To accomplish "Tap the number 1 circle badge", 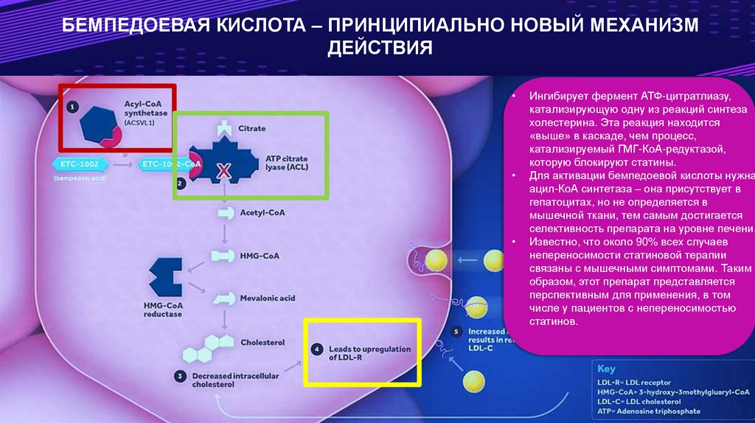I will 72,107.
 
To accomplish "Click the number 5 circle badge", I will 456,332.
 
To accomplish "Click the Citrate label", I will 251,128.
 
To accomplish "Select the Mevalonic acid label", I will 267,298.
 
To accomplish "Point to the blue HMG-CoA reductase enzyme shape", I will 165,277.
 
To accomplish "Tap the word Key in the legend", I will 605,368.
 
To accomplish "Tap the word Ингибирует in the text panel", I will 562,97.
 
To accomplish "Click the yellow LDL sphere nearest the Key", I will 476,381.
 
